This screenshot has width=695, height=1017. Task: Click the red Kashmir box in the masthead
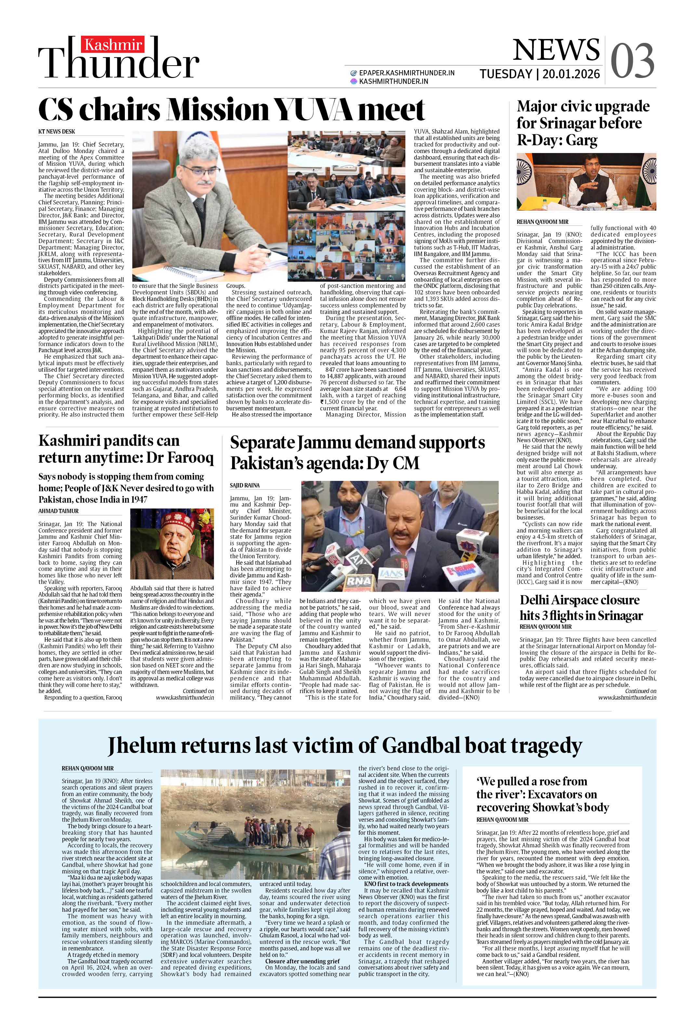[x=113, y=45]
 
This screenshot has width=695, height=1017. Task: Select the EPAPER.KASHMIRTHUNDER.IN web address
[x=406, y=73]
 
